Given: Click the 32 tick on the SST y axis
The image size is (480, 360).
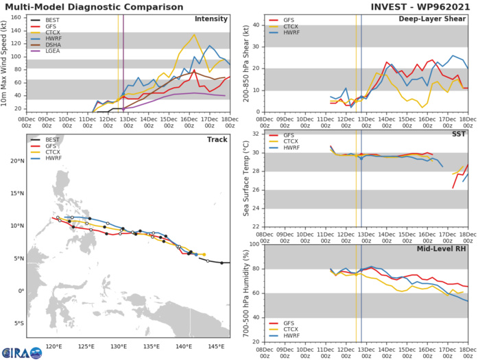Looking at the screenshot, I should point(256,134).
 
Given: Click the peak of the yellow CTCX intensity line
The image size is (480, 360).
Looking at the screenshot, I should point(194,34).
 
